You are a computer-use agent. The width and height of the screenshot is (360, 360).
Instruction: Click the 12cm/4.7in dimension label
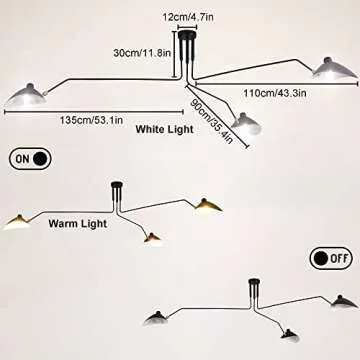188,17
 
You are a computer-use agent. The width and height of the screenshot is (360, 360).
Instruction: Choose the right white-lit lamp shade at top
333,67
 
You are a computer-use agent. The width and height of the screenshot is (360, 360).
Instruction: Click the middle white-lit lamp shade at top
245,123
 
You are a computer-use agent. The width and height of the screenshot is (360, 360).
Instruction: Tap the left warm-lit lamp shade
22,220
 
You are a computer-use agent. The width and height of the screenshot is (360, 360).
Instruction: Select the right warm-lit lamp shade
209,206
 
